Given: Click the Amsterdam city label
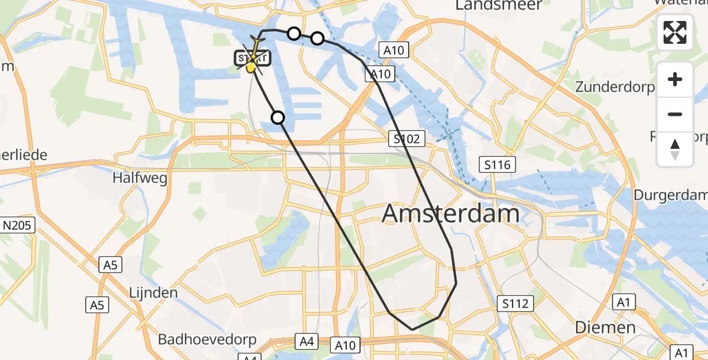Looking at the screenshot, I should click(x=451, y=214).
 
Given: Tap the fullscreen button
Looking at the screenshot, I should click(x=675, y=32).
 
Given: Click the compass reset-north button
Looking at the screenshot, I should click(x=675, y=149).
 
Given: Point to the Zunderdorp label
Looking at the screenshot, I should click(x=614, y=87).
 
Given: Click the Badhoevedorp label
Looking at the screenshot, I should click(x=207, y=340).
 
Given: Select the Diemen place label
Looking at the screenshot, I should click(x=605, y=328).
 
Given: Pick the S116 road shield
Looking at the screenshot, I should click(x=497, y=163).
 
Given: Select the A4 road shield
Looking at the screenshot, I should click(x=307, y=342).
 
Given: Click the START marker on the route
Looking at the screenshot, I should click(x=253, y=59).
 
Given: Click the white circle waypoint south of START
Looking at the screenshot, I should click(x=278, y=117).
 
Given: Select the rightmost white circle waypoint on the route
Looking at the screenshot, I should click(x=317, y=39).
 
